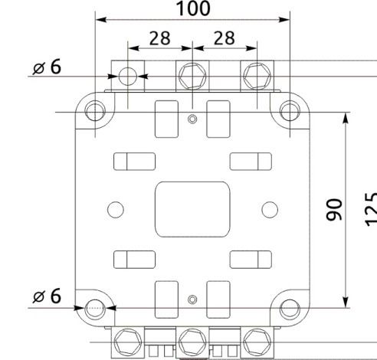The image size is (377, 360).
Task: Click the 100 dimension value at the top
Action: pos(192,9)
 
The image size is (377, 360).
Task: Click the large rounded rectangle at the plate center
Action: pos(192,209)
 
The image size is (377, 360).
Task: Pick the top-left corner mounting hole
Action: pos(94,112)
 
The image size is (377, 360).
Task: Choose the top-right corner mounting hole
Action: pos(290,112)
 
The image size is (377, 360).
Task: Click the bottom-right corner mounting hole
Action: pos(290,308)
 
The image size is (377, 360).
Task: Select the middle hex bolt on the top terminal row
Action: pos(192,75)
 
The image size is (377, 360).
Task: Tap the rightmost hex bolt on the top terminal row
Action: pos(256,75)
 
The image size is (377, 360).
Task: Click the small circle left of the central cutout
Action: pos(116,208)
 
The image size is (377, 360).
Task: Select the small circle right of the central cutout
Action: pos(268,208)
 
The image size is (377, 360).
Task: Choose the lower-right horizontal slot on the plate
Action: pos(251,259)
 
